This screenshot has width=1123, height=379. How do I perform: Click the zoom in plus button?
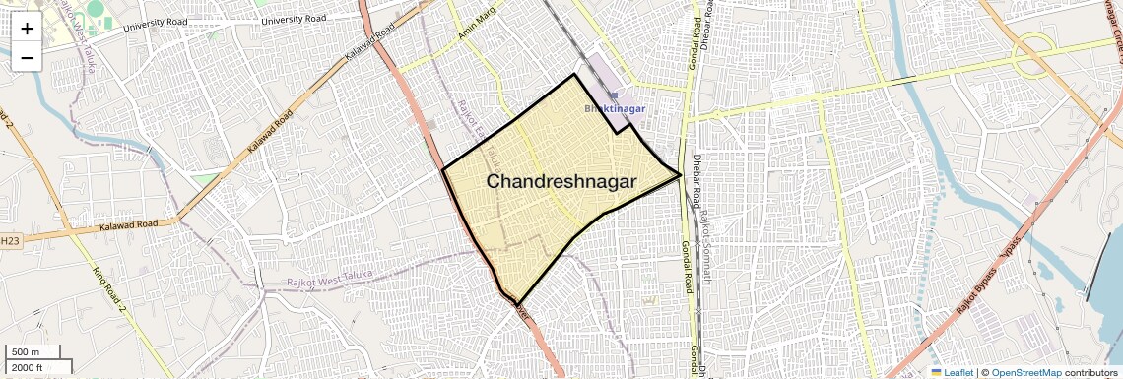(27, 28)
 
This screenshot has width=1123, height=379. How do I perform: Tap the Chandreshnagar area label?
(561, 181)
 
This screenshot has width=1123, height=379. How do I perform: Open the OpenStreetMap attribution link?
(1025, 372)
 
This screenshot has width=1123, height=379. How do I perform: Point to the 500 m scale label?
(25, 352)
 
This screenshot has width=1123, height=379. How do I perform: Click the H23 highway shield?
(9, 240)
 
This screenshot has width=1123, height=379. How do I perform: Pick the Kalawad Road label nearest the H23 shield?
(129, 225)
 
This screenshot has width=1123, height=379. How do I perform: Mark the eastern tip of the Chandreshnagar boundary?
(682, 176)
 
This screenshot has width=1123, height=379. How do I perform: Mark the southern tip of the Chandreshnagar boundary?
(516, 302)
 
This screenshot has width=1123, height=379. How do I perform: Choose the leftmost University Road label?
(156, 25)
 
